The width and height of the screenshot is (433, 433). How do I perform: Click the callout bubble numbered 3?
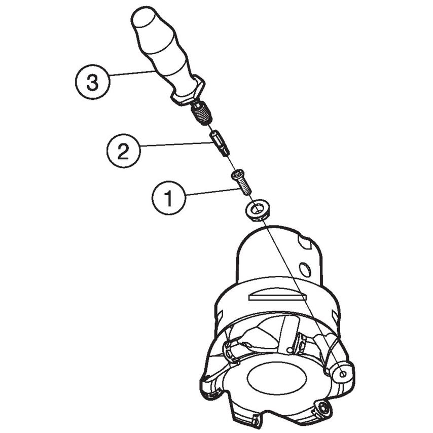pyautogui.click(x=92, y=82)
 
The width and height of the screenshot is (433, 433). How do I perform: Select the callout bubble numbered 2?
pyautogui.click(x=123, y=151)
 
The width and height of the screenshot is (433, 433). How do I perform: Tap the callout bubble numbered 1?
pyautogui.click(x=168, y=197)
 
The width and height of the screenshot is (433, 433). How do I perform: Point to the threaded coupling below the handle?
pyautogui.click(x=202, y=114)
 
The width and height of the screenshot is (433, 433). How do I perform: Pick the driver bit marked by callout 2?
pyautogui.click(x=220, y=143)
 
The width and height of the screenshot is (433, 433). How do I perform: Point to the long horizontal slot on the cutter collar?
pyautogui.click(x=277, y=297)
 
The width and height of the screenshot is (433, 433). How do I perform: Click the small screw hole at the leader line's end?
pyautogui.click(x=343, y=374)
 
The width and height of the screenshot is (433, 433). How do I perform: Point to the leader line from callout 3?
pyautogui.click(x=132, y=74)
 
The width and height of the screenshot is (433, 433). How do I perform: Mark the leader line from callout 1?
pyautogui.click(x=212, y=192)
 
